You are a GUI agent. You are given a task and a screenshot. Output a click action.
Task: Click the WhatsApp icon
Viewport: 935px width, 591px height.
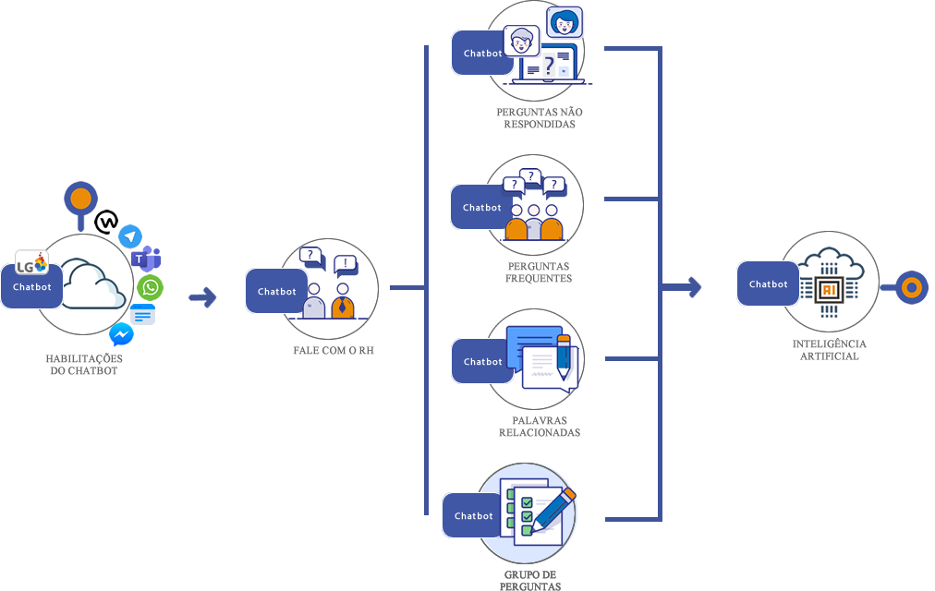tap(150, 287)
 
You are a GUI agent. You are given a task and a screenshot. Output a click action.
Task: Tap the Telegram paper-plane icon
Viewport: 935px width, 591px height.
tap(130, 236)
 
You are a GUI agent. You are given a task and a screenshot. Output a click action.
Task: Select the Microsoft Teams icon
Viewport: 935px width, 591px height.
tap(146, 259)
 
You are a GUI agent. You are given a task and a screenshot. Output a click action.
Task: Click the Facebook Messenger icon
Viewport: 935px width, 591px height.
tap(121, 334)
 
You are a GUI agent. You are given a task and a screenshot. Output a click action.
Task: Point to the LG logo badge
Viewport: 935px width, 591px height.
tap(31, 264)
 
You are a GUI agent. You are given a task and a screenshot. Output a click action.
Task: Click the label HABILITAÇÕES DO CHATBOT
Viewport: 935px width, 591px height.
tap(85, 363)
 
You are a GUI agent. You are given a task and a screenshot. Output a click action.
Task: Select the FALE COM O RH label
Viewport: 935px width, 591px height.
tap(334, 351)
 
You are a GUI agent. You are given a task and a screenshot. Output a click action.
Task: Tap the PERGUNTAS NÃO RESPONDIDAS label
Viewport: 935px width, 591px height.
tap(540, 118)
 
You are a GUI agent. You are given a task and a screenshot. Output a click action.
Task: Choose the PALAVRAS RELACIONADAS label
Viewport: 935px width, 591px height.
tap(540, 426)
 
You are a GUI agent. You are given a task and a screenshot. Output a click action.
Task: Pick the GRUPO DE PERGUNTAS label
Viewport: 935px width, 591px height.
tap(529, 579)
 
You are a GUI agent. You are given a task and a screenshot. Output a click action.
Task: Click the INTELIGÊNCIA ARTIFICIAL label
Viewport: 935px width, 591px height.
tap(830, 350)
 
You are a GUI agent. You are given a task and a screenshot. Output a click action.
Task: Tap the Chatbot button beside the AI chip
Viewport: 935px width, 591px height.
tap(768, 284)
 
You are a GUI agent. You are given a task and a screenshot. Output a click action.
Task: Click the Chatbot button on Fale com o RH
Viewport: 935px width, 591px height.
tap(276, 292)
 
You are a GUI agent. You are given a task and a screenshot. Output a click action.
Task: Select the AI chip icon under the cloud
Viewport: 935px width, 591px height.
tap(828, 289)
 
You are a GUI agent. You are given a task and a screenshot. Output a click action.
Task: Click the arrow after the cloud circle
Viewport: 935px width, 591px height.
tap(202, 296)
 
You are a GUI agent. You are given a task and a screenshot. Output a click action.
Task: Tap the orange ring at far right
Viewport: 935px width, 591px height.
tap(911, 288)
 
